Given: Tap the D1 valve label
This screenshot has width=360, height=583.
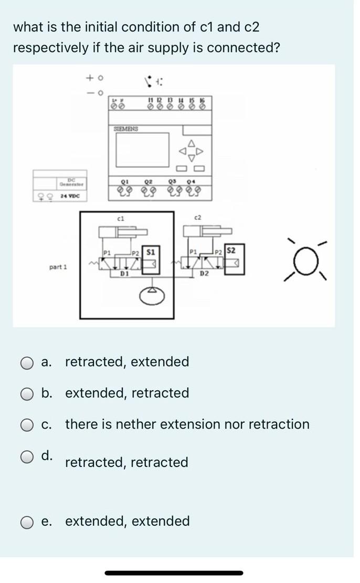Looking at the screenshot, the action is (124, 274).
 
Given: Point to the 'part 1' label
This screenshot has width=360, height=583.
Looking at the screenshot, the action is (58, 267).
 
